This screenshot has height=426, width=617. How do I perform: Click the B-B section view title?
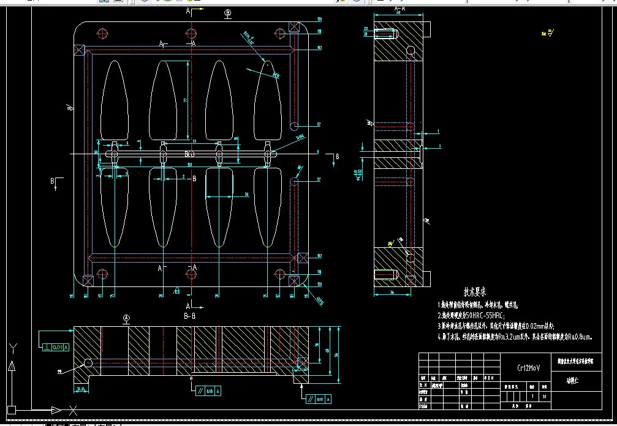click(x=189, y=316)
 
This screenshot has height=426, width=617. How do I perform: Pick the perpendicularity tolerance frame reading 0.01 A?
click(x=54, y=348)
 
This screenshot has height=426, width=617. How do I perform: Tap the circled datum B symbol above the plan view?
click(x=228, y=12)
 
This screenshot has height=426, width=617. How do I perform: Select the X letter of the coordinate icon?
click(x=73, y=409)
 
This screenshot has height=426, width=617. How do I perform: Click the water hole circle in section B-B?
click(x=89, y=363)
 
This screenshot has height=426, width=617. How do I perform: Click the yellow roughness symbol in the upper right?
click(x=549, y=33)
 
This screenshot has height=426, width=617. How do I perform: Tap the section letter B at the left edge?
click(x=53, y=181)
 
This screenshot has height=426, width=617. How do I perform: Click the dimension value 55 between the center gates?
click(x=194, y=142)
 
